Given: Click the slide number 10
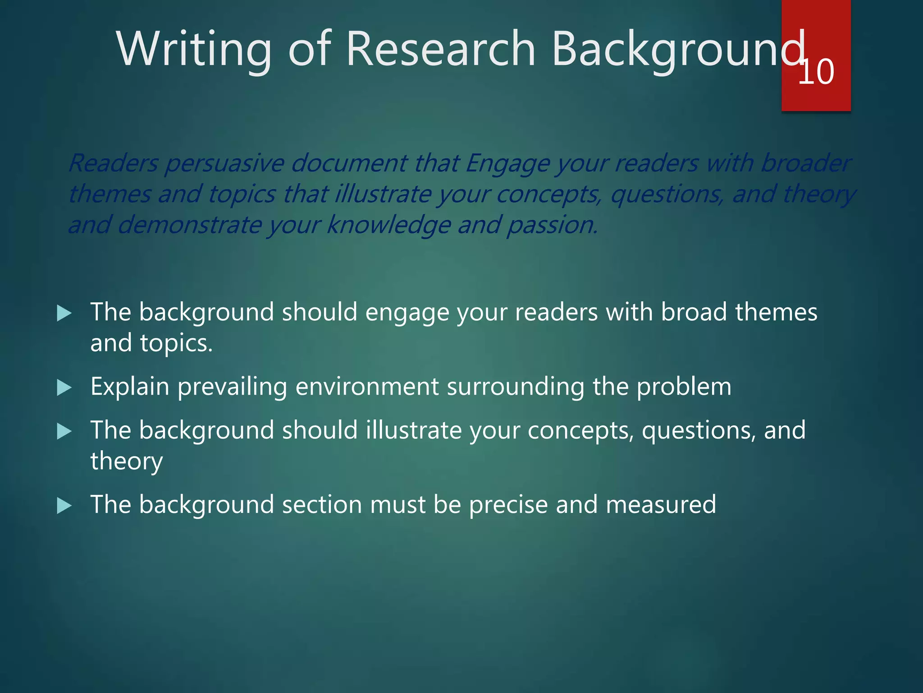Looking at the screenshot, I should [x=816, y=72].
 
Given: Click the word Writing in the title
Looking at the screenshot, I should [x=194, y=49].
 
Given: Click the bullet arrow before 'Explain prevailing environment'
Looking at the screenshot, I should [x=64, y=388].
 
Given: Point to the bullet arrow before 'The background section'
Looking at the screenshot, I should [x=64, y=505].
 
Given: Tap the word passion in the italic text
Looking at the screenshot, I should [x=552, y=225].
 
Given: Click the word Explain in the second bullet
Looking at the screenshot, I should [x=130, y=387].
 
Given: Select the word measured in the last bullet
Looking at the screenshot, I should [x=661, y=504].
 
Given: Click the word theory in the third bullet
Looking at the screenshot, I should [x=127, y=461].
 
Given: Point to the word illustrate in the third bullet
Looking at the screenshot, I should [x=414, y=430].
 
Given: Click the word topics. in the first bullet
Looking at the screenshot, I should [x=176, y=343].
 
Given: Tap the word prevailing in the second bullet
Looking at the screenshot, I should [x=232, y=387].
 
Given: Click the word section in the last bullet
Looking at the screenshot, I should [x=322, y=504].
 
